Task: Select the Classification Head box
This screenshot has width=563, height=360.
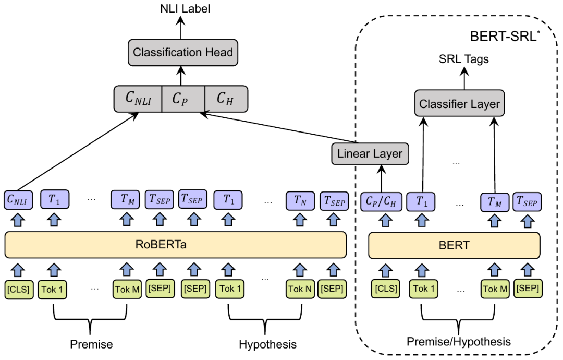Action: [x=182, y=52]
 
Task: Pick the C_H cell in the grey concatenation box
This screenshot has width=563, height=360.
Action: [x=226, y=98]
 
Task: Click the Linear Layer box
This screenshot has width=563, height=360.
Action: [x=370, y=153]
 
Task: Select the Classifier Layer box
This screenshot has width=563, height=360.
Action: [x=459, y=104]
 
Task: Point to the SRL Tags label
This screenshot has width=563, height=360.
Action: [x=463, y=59]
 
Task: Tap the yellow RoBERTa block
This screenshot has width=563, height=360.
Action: [x=176, y=245]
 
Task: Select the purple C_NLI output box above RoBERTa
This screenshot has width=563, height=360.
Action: [x=19, y=199]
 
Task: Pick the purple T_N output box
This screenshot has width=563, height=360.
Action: [x=299, y=199]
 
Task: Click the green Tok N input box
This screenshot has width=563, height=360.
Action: [x=299, y=289]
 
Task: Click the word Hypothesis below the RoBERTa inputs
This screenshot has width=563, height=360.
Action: [x=267, y=344]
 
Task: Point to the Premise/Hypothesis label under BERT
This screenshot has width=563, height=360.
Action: [x=459, y=342]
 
